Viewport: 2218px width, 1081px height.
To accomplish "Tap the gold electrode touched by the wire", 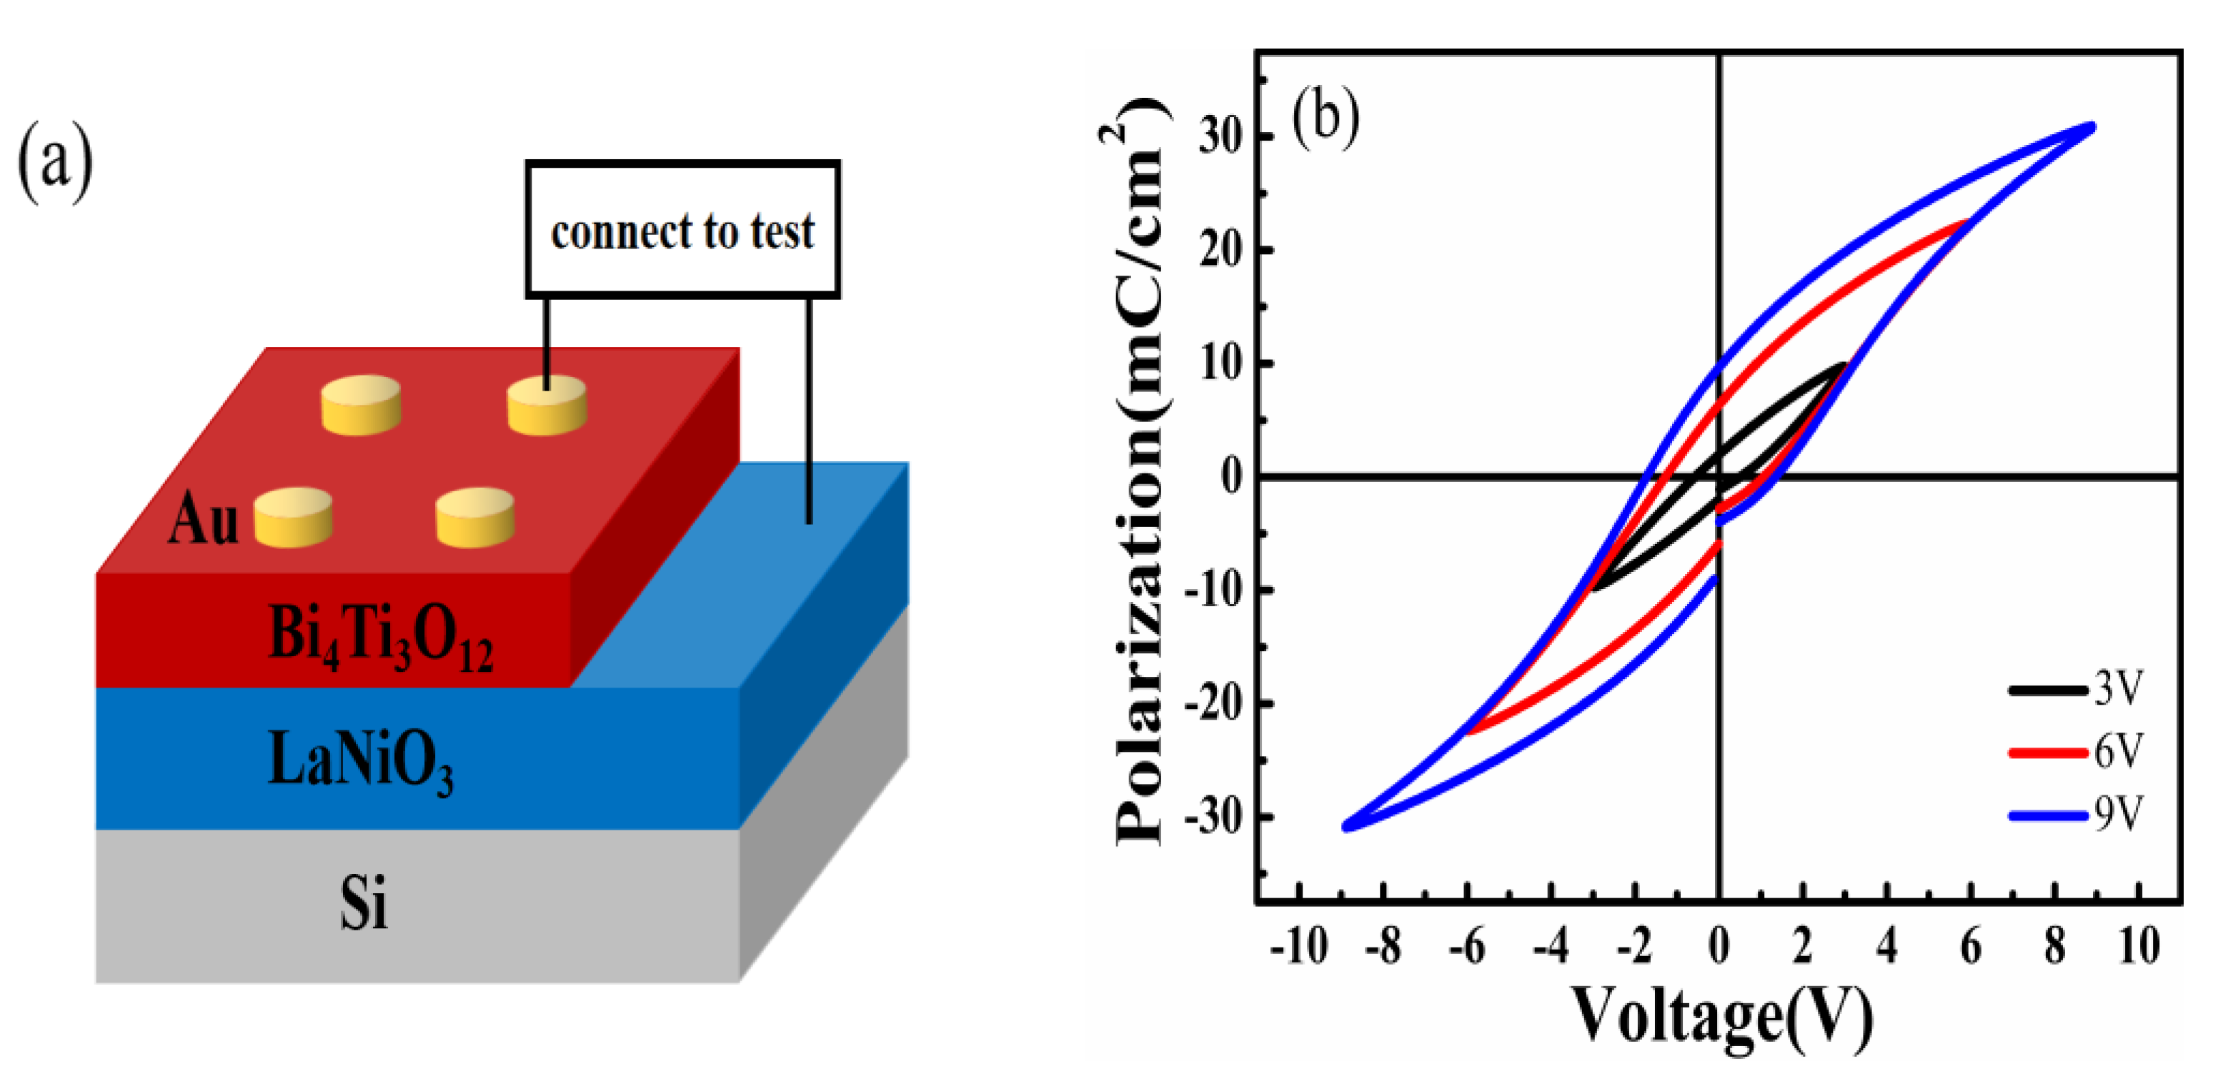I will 546,405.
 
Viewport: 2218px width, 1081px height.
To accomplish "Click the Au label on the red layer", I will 203,521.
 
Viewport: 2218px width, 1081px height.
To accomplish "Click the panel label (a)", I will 55,164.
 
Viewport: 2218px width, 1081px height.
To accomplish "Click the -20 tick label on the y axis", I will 1214,704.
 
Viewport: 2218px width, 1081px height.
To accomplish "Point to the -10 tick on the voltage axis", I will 1298,946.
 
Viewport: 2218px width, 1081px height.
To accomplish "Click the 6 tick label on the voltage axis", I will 1970,946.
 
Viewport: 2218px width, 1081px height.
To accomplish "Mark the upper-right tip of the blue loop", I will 2092,127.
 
